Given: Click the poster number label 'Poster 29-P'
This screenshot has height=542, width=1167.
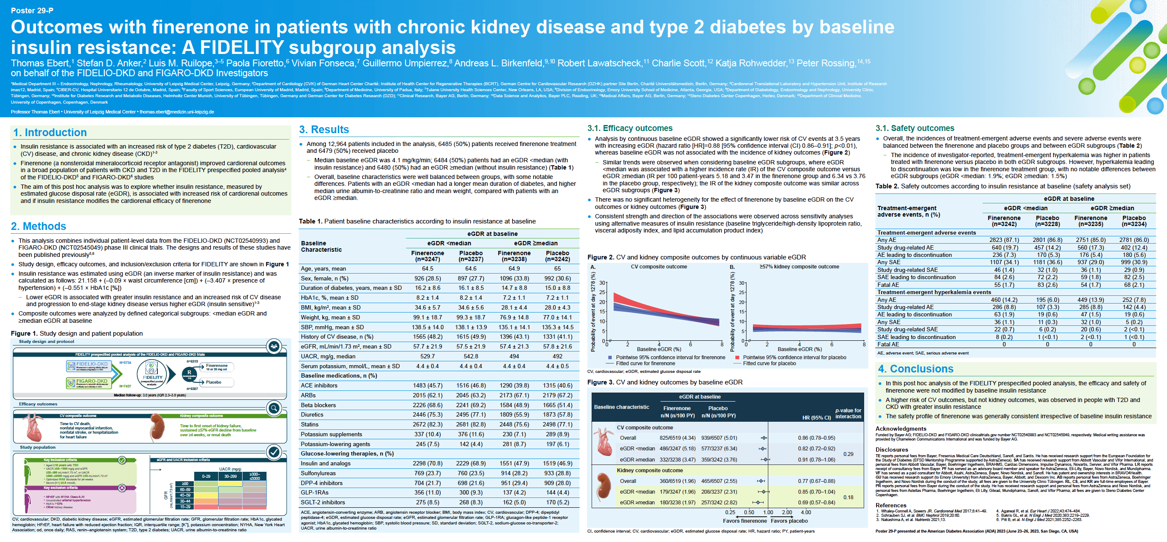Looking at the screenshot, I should point(32,10).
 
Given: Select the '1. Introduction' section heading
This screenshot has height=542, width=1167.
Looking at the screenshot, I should point(50,132).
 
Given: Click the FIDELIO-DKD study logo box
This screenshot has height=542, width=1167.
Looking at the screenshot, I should point(89,366).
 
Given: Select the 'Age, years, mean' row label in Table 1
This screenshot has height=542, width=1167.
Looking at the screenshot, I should point(323,268).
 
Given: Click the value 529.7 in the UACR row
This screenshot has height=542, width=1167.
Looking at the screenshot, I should point(427,357).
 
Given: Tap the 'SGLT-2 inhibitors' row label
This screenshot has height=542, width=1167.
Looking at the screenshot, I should point(323,502).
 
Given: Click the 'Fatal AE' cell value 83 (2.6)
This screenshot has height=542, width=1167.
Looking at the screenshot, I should point(1047,285).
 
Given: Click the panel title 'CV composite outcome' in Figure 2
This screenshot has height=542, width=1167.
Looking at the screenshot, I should point(659,267).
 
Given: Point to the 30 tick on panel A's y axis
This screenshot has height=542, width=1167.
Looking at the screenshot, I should point(602,283).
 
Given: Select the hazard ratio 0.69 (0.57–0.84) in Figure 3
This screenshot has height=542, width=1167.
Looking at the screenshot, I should point(816,502).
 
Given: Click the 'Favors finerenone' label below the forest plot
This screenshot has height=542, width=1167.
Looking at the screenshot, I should point(744,521).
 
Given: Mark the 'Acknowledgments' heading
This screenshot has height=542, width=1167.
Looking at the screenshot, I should point(900,429).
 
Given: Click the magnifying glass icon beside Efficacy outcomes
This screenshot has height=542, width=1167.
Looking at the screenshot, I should point(274,408).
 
